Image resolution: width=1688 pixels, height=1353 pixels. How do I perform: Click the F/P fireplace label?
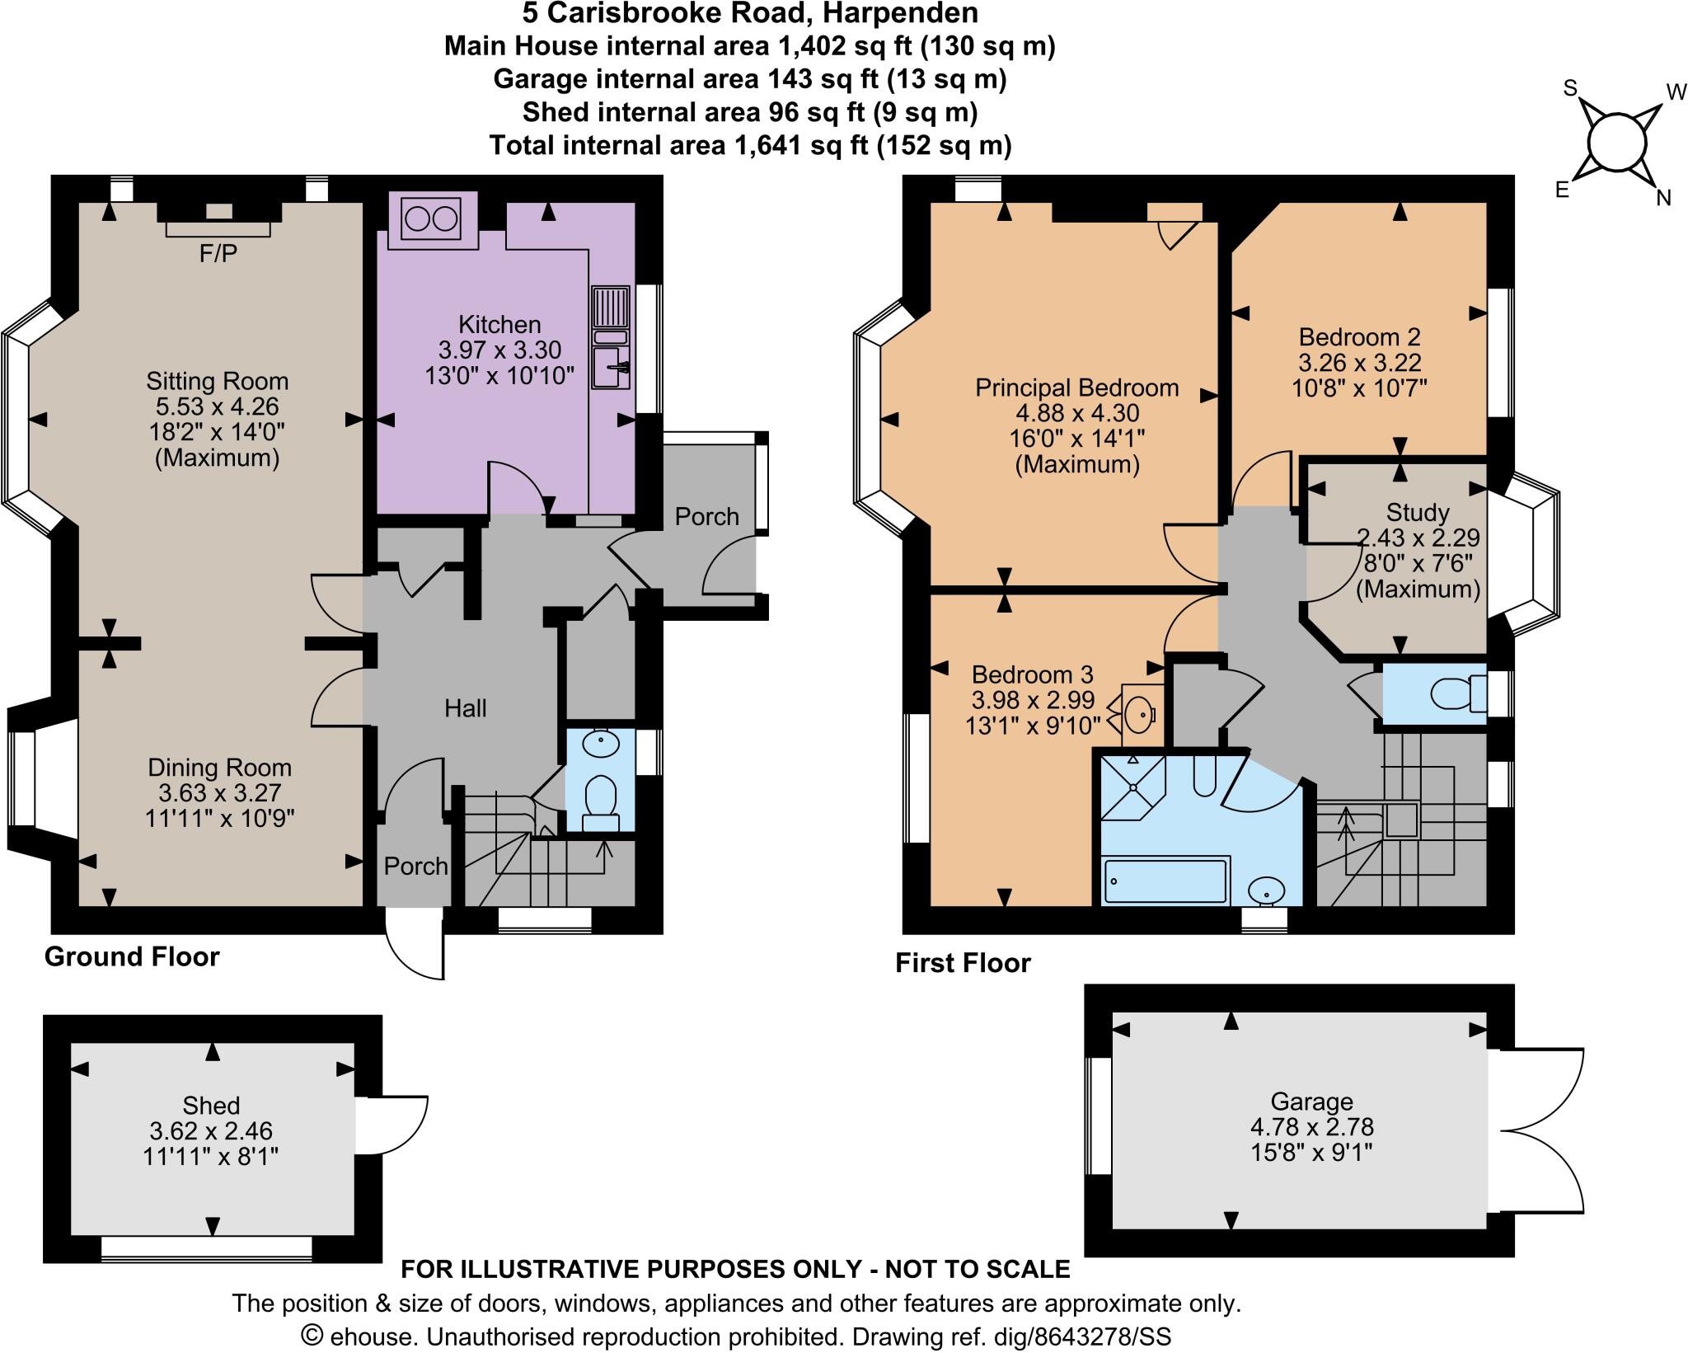pyautogui.click(x=218, y=254)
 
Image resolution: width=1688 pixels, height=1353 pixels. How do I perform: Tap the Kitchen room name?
pyautogui.click(x=499, y=324)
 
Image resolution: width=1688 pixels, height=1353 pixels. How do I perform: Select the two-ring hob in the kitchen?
pyautogui.click(x=430, y=220)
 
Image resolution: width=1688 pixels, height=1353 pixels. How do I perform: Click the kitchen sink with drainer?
pyautogui.click(x=611, y=338)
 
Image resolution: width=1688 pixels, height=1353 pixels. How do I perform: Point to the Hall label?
pyautogui.click(x=465, y=708)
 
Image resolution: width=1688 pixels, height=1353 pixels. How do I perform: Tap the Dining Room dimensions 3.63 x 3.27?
pyautogui.click(x=220, y=792)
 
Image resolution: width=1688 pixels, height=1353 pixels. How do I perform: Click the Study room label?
pyautogui.click(x=1418, y=513)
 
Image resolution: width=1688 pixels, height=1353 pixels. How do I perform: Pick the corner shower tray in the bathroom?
pyautogui.click(x=1133, y=787)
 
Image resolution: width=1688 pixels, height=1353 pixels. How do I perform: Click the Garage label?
pyautogui.click(x=1311, y=1102)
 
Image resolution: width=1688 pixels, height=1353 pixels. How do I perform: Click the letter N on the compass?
pyautogui.click(x=1663, y=198)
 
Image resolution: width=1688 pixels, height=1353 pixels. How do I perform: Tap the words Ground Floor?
pyautogui.click(x=132, y=956)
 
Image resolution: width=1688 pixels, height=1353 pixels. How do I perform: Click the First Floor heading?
pyautogui.click(x=963, y=963)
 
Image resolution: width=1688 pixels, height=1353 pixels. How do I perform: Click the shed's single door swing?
pyautogui.click(x=394, y=1126)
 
